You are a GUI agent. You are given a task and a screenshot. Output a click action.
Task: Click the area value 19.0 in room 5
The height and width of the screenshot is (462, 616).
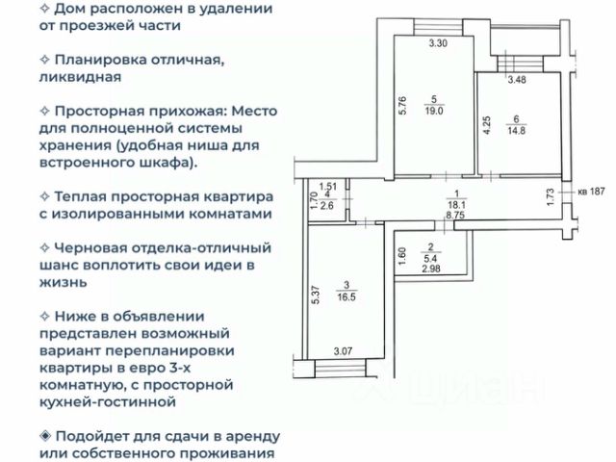(438, 110)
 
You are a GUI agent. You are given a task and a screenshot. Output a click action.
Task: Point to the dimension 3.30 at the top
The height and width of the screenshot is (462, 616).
(438, 43)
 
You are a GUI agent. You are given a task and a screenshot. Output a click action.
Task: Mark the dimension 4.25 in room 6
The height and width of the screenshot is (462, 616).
(487, 125)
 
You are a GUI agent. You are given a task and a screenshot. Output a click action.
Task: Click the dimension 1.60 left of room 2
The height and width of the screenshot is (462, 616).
(401, 258)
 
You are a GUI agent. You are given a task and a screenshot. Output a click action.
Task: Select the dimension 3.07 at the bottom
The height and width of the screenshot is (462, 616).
(342, 353)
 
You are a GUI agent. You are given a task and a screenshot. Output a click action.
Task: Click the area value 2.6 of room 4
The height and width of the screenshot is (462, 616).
(327, 205)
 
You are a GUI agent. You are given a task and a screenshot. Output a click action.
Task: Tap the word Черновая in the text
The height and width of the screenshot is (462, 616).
(100, 248)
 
